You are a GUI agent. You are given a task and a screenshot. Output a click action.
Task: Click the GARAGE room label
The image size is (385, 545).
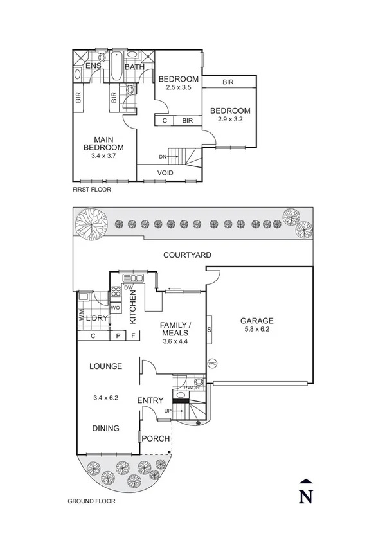tap(257, 321)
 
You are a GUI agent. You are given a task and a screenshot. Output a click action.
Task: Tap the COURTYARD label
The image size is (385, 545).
tap(187, 255)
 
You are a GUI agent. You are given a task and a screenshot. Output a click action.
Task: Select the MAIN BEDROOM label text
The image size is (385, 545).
tap(108, 143)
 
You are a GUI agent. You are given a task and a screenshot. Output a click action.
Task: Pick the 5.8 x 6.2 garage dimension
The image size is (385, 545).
tap(257, 330)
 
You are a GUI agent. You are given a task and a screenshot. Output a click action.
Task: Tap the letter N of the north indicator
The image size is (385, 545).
tap(307, 497)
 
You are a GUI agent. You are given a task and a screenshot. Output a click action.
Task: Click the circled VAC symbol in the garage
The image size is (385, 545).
tap(213, 364)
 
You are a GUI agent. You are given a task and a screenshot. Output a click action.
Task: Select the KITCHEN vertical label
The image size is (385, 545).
tap(134, 307)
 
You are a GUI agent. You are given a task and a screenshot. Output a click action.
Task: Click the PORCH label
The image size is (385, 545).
tap(157, 439)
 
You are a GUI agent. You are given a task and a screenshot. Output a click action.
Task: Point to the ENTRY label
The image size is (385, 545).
tap(150, 401)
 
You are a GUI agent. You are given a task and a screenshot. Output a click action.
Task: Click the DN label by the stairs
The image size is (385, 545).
tap(163, 156)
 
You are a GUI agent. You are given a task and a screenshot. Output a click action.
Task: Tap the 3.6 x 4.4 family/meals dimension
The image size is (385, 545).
tap(174, 342)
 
